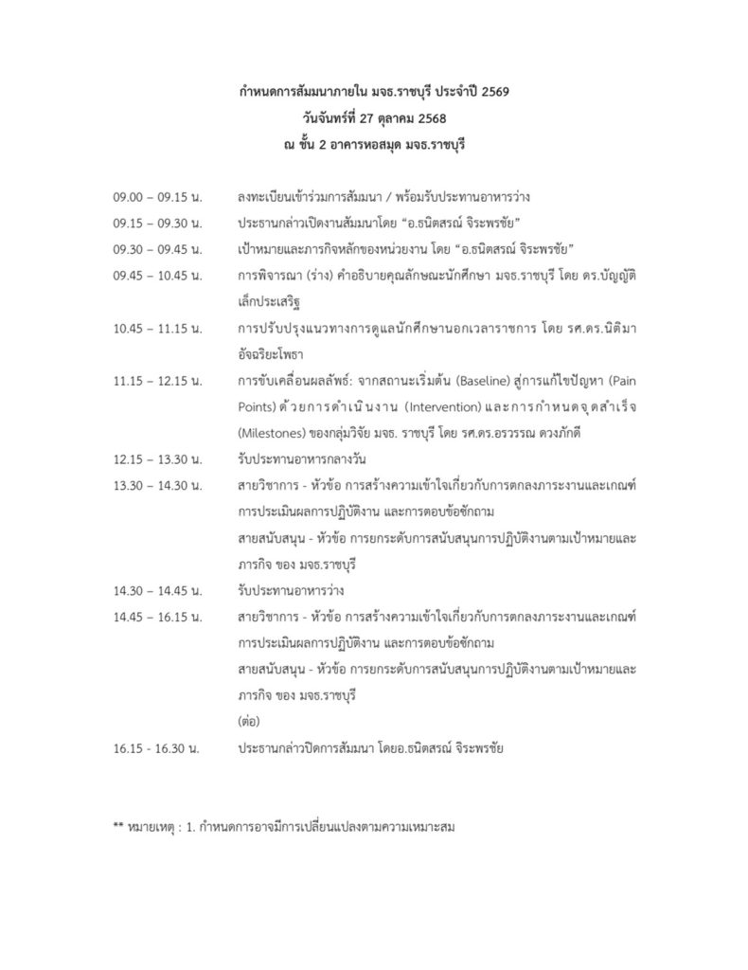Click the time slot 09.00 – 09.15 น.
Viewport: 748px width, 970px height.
156,198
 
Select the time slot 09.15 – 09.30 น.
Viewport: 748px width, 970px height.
156,224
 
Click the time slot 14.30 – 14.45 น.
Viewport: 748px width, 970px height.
156,589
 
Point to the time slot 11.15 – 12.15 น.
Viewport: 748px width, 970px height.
156,381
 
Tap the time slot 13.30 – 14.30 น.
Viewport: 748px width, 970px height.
156,485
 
